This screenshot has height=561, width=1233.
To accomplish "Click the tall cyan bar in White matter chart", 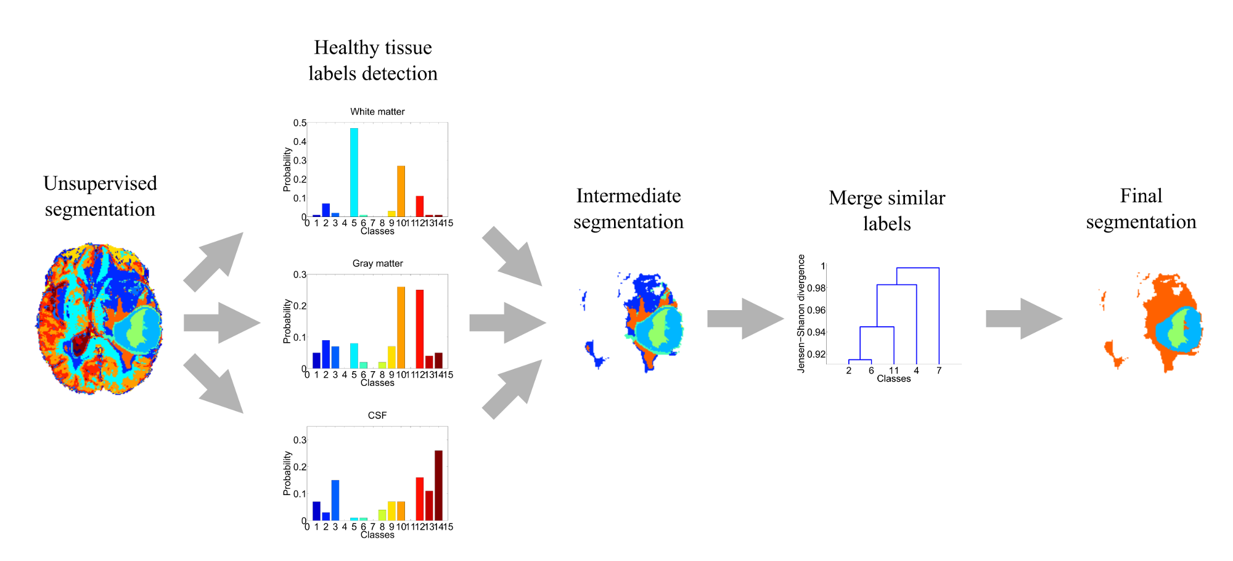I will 354,173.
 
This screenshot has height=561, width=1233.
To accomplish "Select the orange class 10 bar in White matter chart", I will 401,191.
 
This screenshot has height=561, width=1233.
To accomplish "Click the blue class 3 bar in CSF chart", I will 335,500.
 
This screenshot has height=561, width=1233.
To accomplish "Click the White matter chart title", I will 377,112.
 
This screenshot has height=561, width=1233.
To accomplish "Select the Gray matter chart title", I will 377,263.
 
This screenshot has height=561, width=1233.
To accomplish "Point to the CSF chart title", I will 377,416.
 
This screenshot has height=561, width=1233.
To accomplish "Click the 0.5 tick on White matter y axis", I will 300,123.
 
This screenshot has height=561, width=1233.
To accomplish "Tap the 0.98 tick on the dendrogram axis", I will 816,288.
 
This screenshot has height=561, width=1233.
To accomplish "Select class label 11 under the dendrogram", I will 894,371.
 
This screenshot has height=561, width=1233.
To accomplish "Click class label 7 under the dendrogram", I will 939,371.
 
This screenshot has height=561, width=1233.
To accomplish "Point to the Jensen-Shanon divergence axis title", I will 801,313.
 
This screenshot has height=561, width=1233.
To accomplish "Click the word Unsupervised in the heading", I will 100,184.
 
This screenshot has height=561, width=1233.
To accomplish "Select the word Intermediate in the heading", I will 628,196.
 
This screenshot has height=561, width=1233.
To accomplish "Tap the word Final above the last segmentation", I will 1141,196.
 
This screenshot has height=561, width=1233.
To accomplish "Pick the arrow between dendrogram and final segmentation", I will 1023,319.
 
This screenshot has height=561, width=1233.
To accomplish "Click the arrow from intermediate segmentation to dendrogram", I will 745,319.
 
